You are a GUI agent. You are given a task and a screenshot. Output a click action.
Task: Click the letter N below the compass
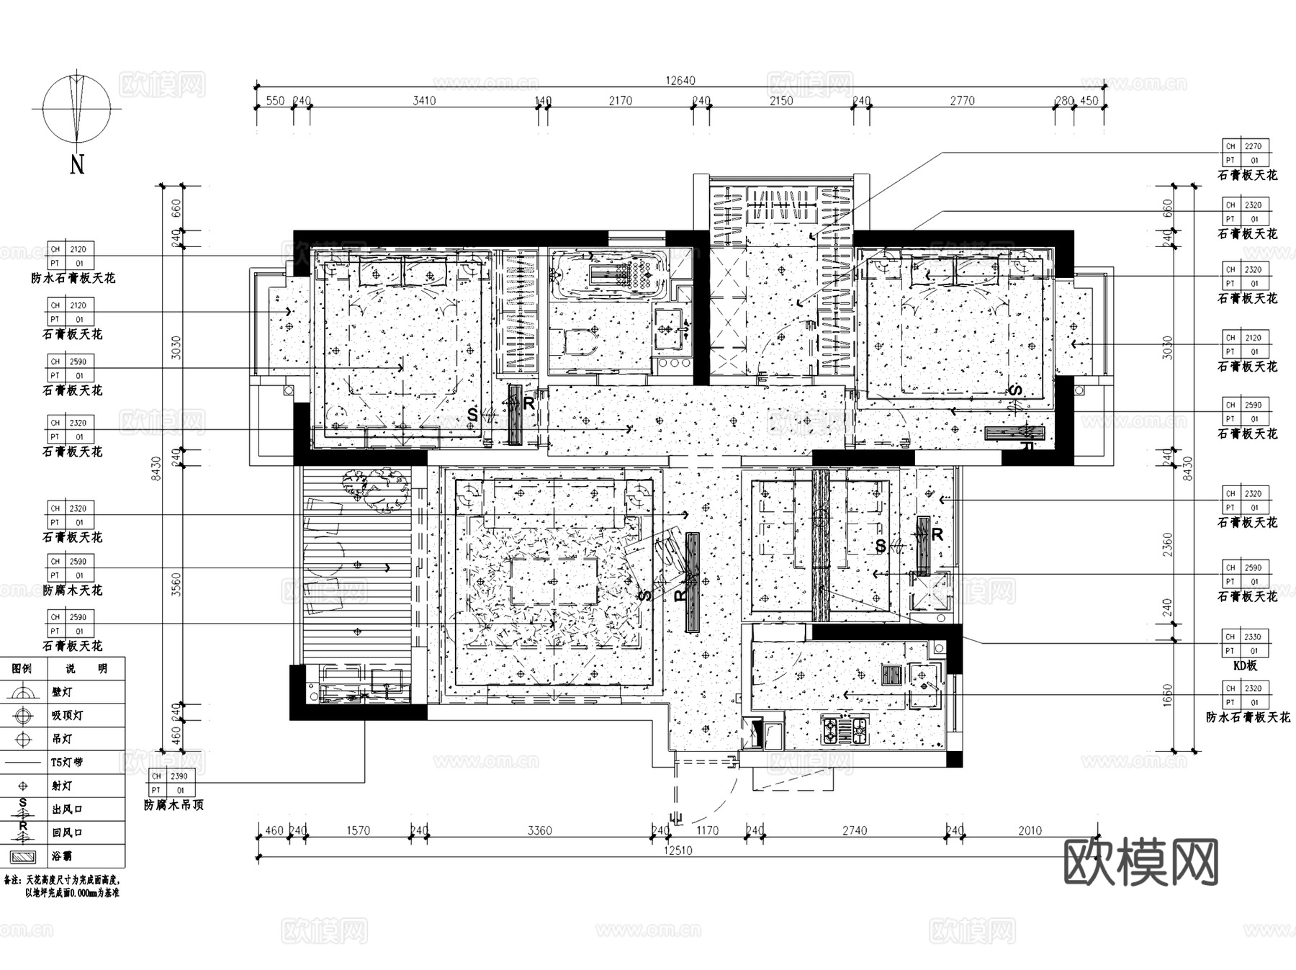tap(77, 165)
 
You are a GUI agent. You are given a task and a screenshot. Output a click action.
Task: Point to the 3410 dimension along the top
tap(424, 101)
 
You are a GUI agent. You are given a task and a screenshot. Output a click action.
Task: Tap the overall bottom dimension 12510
tap(678, 850)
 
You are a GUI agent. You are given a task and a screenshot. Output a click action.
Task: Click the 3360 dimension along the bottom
tap(539, 830)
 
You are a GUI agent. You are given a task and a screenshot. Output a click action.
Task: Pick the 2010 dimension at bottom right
tap(1030, 830)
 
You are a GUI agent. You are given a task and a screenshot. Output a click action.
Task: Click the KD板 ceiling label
tap(1245, 666)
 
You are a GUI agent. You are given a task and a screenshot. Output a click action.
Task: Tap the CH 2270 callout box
tap(1246, 153)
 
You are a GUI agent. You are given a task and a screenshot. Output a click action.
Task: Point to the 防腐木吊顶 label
tap(174, 805)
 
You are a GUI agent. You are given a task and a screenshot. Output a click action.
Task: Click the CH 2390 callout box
tap(172, 783)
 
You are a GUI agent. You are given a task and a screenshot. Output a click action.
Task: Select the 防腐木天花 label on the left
tap(72, 590)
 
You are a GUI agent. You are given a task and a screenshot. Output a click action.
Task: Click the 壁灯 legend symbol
tap(23, 693)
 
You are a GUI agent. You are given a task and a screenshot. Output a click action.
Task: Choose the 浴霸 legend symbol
tap(23, 857)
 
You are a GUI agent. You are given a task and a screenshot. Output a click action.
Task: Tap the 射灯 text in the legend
tap(62, 786)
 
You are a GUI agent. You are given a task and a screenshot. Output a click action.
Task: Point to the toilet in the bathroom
tap(576, 343)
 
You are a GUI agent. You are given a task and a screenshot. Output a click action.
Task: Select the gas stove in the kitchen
tap(845, 730)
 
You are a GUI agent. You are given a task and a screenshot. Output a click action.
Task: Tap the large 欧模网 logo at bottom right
tap(1141, 862)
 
